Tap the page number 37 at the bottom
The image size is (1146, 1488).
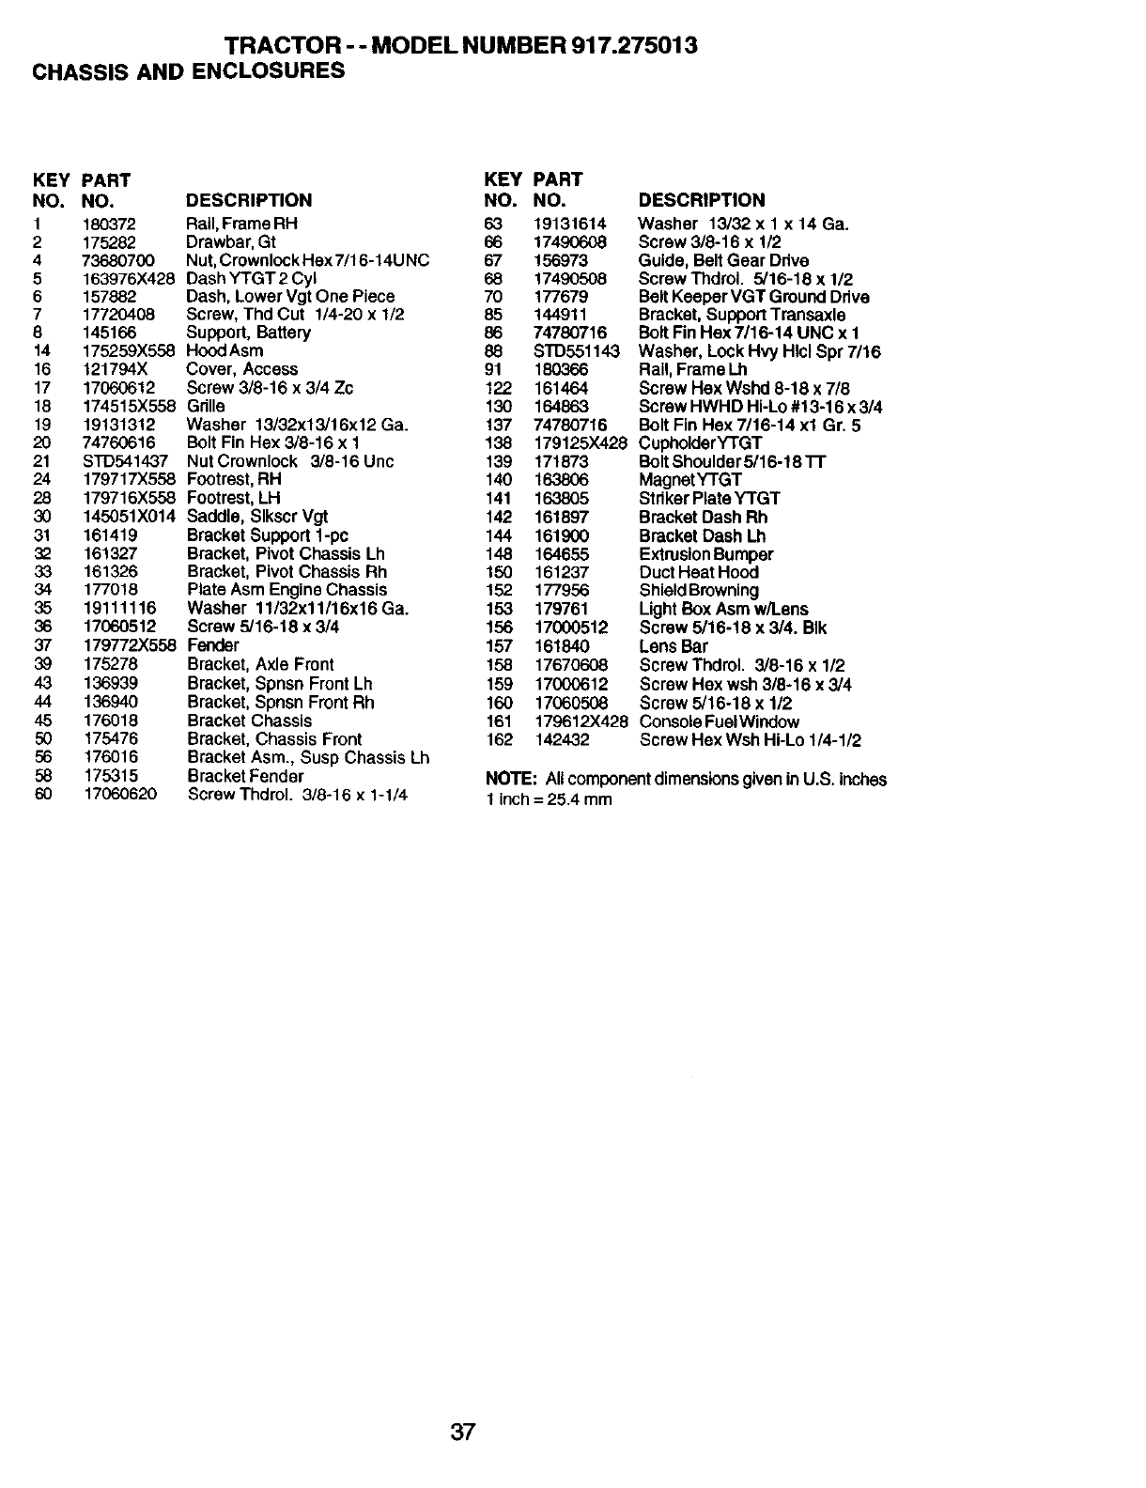coord(462,1433)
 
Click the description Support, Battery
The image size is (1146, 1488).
coord(248,333)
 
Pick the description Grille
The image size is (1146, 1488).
coord(206,407)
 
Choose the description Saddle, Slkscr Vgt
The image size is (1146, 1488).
coord(257,517)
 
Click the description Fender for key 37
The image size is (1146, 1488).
coord(213,645)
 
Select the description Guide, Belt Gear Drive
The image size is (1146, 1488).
coord(723,260)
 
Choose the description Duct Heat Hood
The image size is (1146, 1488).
coord(698,572)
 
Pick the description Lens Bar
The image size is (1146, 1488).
coord(673,646)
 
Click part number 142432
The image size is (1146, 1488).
coord(561,740)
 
